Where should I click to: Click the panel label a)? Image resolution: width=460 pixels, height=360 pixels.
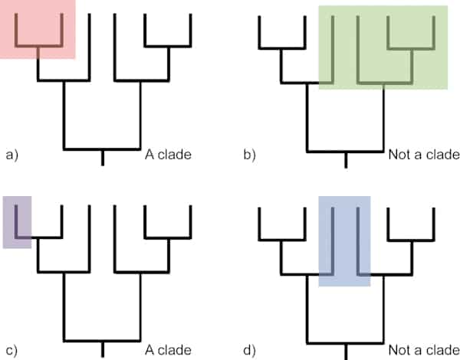tap(11, 155)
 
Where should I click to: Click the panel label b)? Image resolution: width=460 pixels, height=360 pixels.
tap(250, 155)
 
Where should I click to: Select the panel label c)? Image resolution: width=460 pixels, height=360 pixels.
tap(11, 352)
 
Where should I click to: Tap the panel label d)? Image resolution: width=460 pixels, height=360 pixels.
tap(250, 352)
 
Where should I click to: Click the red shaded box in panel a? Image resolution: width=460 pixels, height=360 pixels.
tap(38, 29)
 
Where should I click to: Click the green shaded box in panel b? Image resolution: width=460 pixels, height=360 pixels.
tap(383, 46)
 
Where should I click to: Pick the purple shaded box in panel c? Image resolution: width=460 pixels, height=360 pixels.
tap(17, 221)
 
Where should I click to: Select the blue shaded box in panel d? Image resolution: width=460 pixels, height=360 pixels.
tap(344, 241)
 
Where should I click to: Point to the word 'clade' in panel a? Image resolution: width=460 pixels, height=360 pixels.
tap(175, 155)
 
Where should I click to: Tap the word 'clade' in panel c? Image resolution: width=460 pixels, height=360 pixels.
tap(175, 352)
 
